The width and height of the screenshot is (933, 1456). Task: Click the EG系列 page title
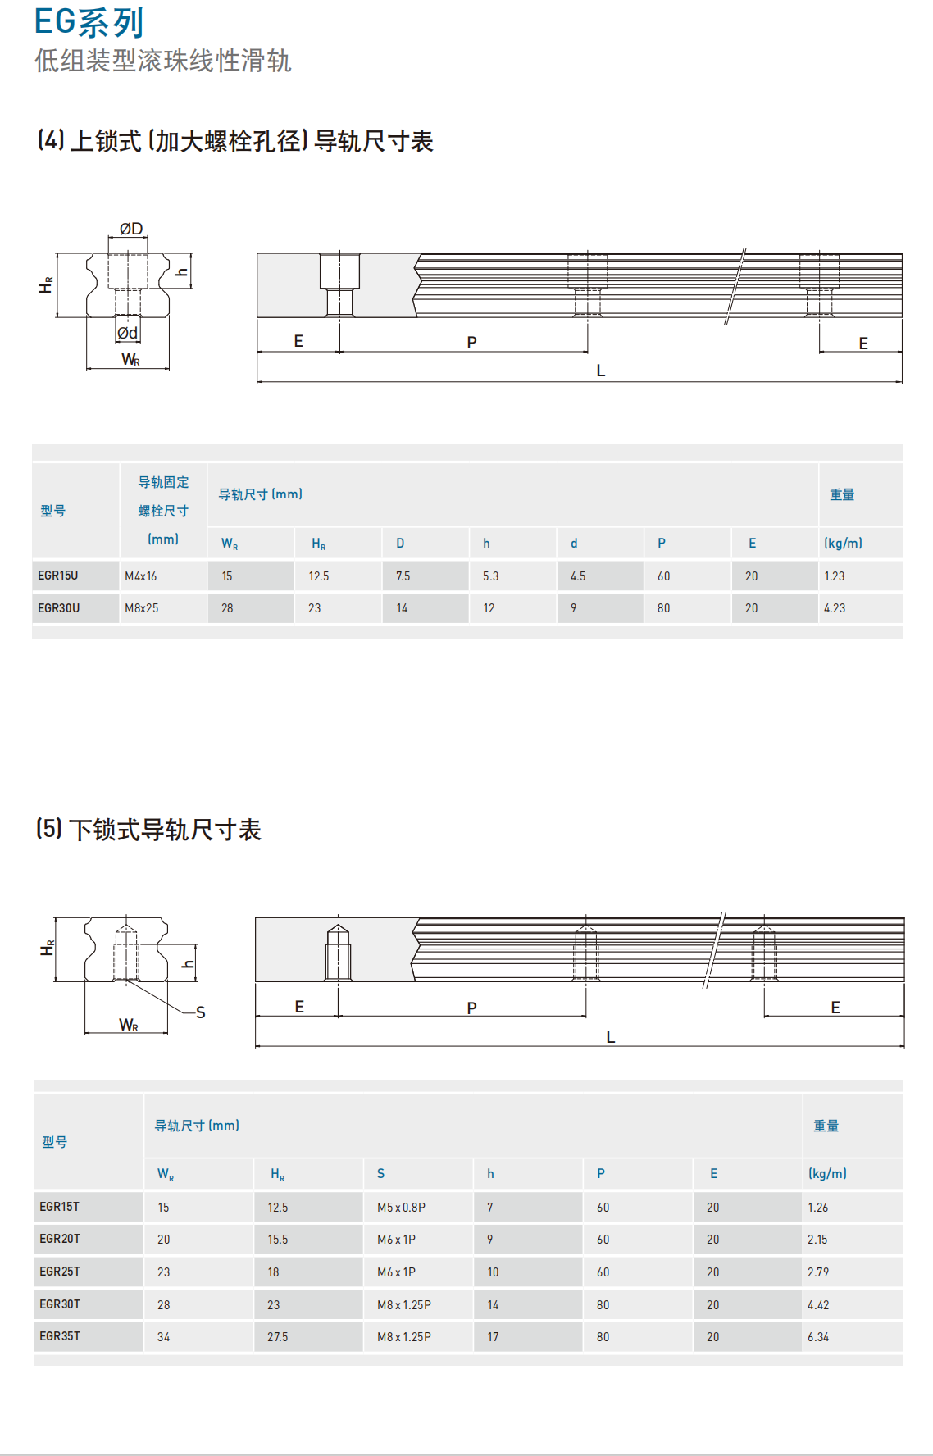89,23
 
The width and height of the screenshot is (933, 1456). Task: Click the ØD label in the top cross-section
131,230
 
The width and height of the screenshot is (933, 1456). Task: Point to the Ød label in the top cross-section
127,333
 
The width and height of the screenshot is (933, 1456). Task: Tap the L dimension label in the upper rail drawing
601,371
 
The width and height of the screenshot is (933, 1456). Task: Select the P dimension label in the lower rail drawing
471,1008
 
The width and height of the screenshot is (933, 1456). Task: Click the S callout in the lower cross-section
201,1012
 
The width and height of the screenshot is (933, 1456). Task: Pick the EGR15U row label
58,576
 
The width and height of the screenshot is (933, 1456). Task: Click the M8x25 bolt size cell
142,608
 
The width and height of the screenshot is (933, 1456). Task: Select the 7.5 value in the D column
403,576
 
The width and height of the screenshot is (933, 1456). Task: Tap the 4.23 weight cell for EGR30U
835,608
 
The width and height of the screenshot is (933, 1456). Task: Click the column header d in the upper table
574,544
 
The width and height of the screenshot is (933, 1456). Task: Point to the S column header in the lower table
380,1174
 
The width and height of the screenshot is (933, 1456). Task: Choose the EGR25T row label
60,1272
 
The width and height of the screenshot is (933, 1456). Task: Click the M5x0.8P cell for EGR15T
401,1208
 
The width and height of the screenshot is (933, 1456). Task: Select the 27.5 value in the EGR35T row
278,1337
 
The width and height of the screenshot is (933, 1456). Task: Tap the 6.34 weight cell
818,1337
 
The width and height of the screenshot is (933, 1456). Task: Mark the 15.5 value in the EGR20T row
278,1240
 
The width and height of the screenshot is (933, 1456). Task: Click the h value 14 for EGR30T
493,1305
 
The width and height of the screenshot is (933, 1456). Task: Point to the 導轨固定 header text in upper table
163,483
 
